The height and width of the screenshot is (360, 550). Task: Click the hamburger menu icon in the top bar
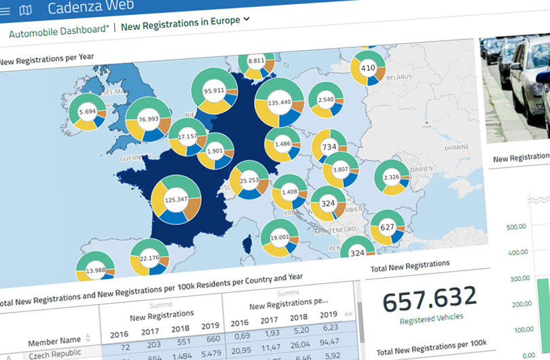(x=6, y=10)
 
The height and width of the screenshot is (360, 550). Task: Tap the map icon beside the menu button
(x=26, y=10)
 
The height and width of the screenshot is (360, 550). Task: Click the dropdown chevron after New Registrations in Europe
(x=246, y=19)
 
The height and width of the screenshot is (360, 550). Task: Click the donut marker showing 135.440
(x=279, y=103)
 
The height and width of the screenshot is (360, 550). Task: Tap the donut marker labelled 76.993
(x=148, y=120)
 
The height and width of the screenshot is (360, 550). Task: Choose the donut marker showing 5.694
(x=88, y=112)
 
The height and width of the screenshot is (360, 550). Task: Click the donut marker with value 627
(x=387, y=228)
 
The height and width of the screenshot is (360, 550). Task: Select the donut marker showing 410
(x=367, y=69)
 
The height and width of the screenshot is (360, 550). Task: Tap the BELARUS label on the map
(x=399, y=77)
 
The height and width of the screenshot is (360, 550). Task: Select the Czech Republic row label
(x=54, y=353)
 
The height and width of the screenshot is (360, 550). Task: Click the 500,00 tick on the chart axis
(x=518, y=226)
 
